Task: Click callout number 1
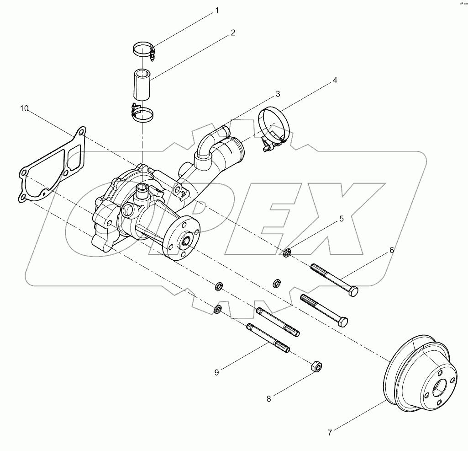[x=217, y=11]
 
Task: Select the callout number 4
[x=335, y=80]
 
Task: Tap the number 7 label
[x=331, y=431]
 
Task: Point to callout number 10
[x=24, y=108]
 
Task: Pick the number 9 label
[x=216, y=372]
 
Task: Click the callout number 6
[x=391, y=250]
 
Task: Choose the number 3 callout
[x=277, y=94]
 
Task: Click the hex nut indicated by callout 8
[x=316, y=366]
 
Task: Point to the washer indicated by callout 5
[x=288, y=252]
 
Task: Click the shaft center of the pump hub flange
[x=187, y=240]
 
